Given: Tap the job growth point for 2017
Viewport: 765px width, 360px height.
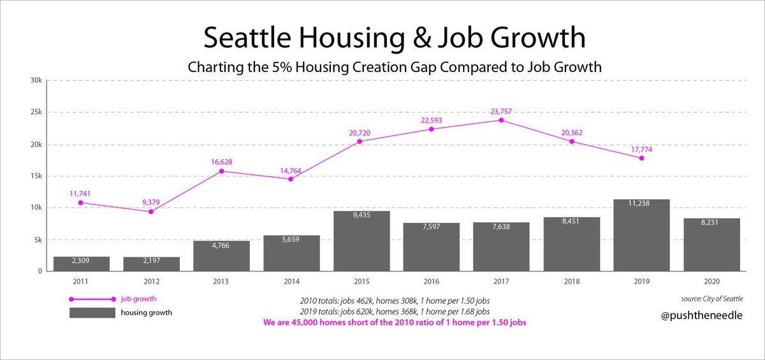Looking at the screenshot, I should coord(501,120).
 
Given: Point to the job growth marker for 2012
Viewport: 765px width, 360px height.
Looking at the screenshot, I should coord(150,211).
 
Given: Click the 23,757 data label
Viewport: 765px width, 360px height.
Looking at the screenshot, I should coord(501,112).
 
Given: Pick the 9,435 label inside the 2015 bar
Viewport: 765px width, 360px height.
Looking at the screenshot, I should coord(361,215).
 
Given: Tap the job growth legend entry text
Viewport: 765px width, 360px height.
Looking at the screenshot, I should coord(138,298).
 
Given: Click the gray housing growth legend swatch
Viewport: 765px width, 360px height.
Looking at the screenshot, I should coord(92,312).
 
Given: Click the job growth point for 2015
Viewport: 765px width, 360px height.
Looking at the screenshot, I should coord(361,141).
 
